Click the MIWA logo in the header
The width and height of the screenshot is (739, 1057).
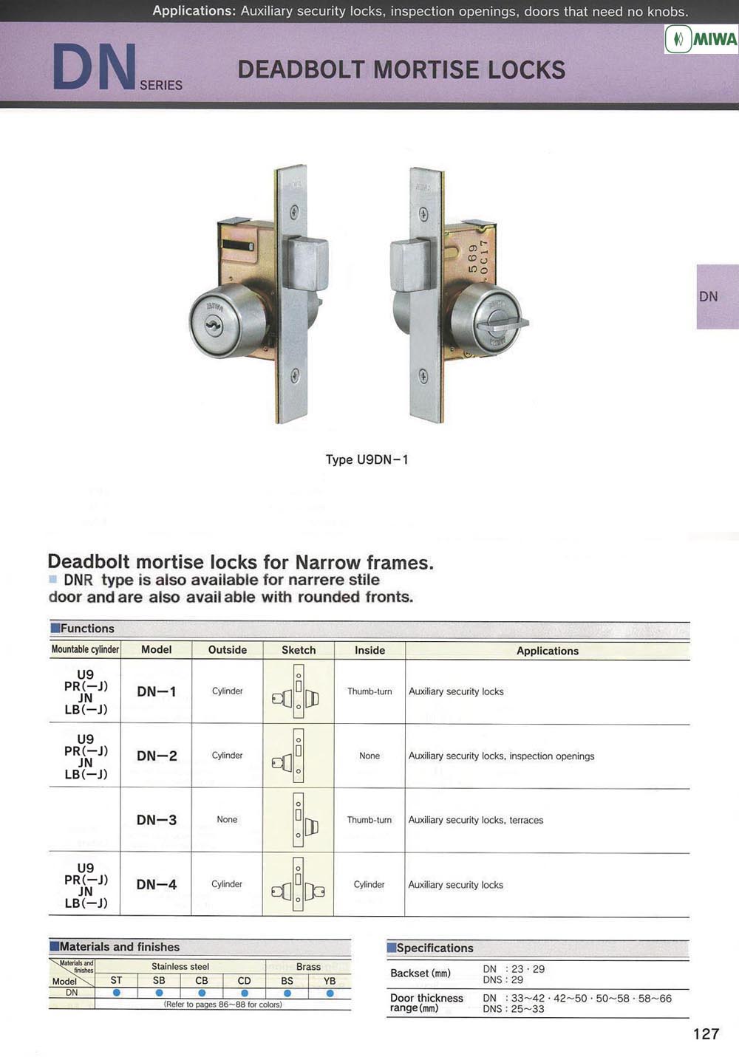701,39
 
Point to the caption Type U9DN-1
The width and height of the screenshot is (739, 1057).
367,459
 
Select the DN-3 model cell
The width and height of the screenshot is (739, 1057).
157,820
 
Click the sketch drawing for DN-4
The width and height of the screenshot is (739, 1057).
299,884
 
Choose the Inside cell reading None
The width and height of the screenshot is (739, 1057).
369,756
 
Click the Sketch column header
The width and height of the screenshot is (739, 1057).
299,650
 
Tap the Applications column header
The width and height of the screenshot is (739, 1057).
548,651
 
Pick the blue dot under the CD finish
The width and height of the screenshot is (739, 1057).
245,993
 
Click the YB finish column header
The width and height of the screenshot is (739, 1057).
330,981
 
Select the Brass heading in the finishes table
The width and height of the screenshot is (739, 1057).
308,966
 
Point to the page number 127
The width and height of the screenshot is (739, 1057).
706,1034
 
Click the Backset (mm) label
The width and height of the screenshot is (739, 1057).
420,973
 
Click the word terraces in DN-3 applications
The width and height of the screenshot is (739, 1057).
526,820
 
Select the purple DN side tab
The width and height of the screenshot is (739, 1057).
718,296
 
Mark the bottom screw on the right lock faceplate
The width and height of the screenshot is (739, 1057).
423,377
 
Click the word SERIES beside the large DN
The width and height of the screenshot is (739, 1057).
161,85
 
